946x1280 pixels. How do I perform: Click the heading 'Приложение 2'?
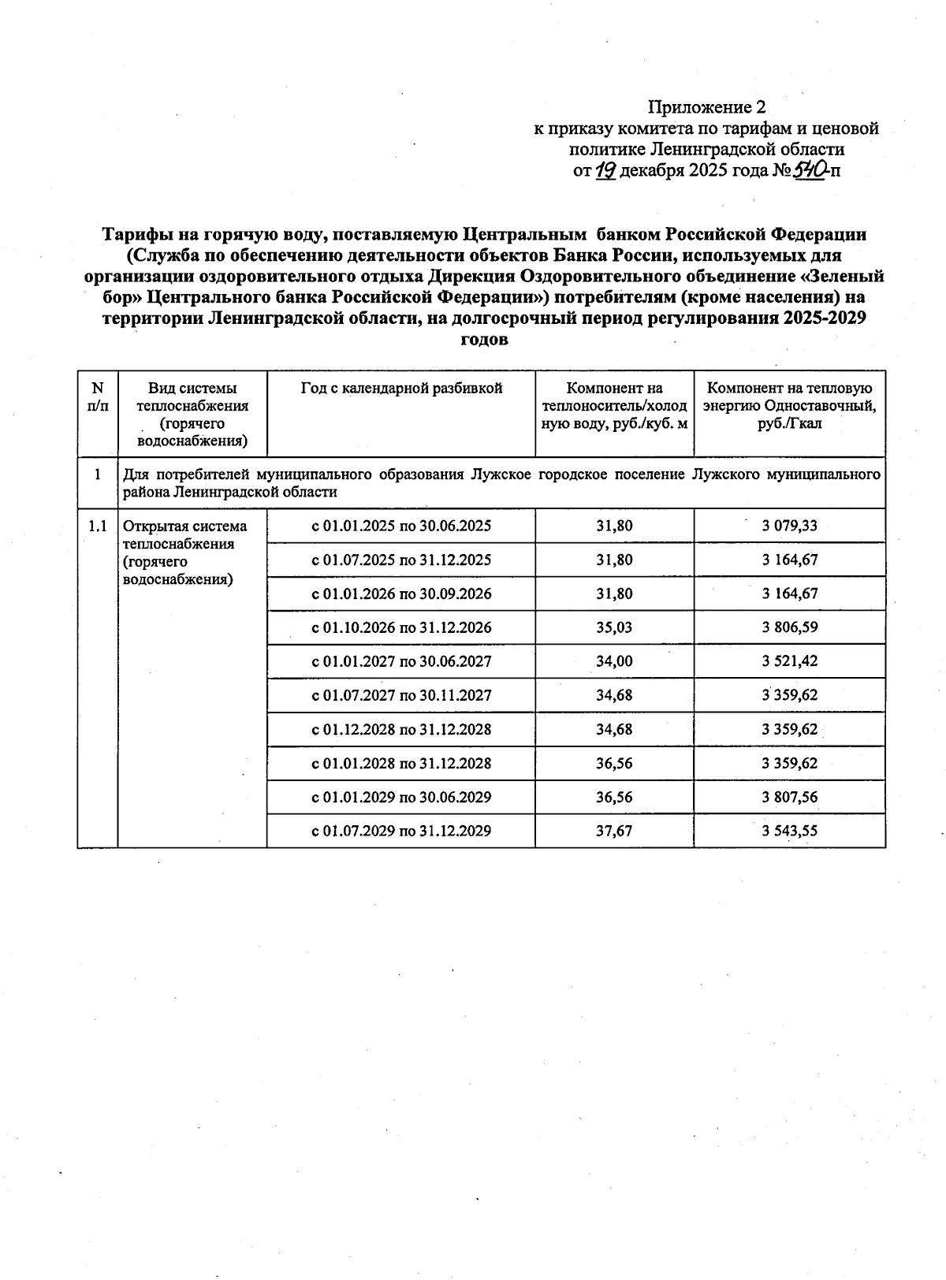(706, 106)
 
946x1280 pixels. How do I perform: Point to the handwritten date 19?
(605, 170)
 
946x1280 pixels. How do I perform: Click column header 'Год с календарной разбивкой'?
(401, 388)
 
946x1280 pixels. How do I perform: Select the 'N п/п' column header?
(98, 396)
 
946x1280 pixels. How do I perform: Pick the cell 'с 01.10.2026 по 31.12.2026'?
(401, 627)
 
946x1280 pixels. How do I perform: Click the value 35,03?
(614, 627)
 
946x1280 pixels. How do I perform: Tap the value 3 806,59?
(789, 627)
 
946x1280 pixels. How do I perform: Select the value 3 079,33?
(789, 526)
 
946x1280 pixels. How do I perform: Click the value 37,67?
(614, 831)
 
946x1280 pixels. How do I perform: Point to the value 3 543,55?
(789, 831)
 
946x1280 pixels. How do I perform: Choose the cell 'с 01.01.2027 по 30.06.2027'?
(401, 661)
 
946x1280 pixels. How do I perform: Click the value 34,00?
(614, 661)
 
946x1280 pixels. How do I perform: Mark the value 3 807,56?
(789, 797)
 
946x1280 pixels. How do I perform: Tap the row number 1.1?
(98, 527)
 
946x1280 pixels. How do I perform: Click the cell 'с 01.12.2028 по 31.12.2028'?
(401, 729)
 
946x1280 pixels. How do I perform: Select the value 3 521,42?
(789, 661)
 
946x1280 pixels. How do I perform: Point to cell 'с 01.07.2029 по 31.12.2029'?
(401, 831)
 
